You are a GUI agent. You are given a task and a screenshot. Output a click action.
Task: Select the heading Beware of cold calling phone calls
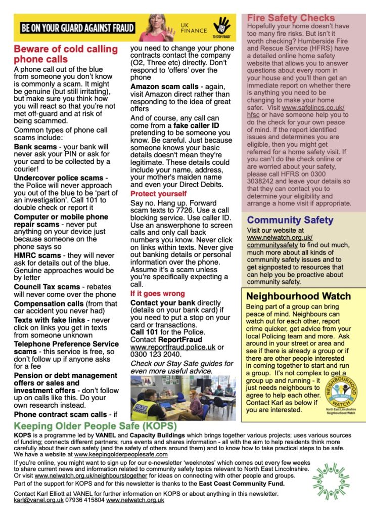(65, 54)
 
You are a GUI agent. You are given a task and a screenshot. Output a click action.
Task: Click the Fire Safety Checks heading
(291, 18)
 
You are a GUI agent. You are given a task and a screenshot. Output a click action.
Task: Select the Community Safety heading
(290, 220)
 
